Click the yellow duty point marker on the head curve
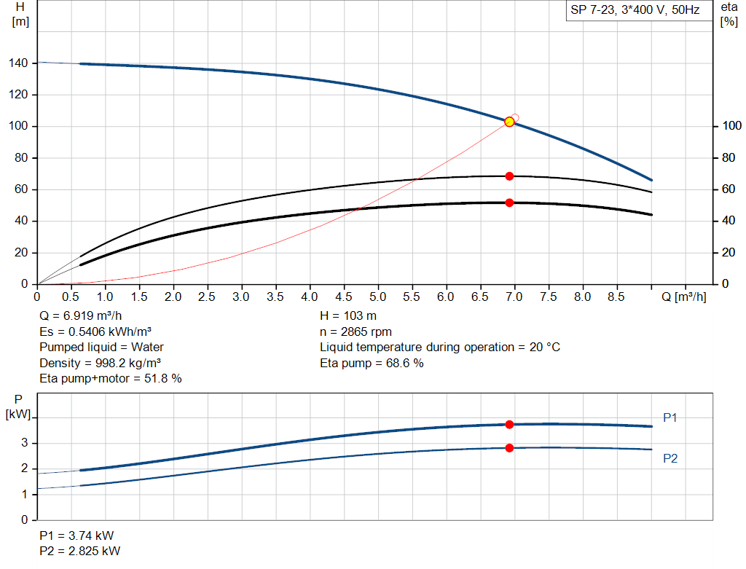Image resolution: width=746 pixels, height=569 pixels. click(509, 122)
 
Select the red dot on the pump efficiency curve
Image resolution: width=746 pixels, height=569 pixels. click(509, 176)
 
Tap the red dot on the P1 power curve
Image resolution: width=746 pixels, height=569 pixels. click(509, 425)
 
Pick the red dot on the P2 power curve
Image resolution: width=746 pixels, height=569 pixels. click(509, 448)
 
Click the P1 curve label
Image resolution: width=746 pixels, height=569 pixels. click(670, 417)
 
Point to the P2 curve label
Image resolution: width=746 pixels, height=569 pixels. click(670, 458)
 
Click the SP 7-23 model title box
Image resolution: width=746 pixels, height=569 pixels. click(635, 11)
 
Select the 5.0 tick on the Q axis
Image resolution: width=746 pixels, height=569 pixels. click(377, 297)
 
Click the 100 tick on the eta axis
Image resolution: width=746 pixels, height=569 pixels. click(730, 127)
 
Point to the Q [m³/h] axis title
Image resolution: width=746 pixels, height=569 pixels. click(683, 297)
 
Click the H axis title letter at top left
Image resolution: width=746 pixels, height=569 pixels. click(20, 7)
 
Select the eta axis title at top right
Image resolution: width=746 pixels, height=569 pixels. click(729, 7)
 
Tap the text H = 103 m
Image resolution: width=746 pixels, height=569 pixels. click(348, 316)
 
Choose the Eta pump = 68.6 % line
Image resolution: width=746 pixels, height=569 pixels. click(372, 363)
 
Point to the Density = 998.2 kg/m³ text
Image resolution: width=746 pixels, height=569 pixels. click(101, 363)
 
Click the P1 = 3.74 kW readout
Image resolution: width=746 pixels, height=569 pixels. click(76, 535)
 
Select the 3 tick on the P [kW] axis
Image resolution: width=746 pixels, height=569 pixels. click(25, 443)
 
